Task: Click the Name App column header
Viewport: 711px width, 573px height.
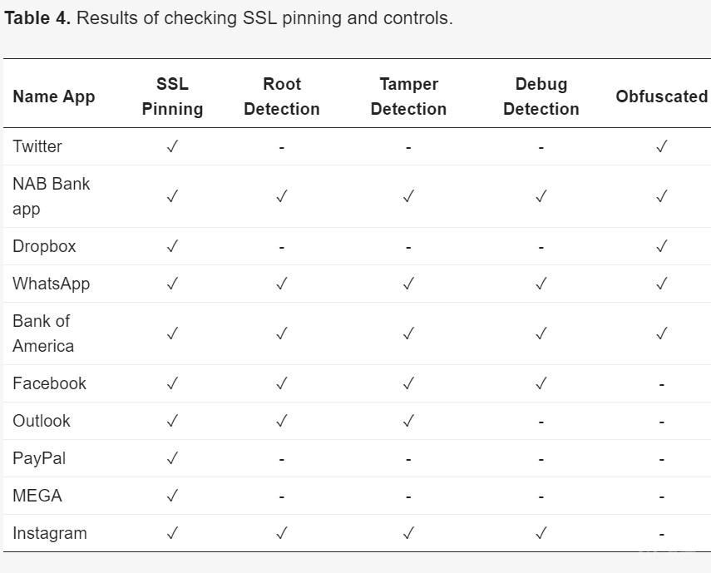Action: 54,96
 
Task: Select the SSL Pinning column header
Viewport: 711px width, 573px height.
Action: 172,96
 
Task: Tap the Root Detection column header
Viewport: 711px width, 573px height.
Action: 282,96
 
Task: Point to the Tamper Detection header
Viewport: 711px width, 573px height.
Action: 408,96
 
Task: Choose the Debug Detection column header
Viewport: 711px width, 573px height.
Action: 541,96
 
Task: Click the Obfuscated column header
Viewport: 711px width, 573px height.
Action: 662,96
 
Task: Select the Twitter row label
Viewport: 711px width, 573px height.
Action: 37,146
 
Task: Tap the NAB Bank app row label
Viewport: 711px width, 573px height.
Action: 52,196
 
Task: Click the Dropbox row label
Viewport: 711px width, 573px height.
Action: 44,247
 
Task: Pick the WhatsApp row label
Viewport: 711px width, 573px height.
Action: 52,284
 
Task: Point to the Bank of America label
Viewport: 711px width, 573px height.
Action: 43,333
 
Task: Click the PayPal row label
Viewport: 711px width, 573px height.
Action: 39,458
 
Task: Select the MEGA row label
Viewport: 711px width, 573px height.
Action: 37,496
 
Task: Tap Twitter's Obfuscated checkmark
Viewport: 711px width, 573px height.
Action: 662,146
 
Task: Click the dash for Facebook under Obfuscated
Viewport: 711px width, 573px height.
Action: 662,385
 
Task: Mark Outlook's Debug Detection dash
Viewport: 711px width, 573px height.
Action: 541,422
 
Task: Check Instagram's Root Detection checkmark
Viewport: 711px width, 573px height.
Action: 282,533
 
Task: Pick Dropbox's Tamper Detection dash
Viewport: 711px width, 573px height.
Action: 408,248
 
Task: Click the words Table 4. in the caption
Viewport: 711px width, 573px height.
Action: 37,18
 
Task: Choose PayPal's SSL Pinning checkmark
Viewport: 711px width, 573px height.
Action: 172,458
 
